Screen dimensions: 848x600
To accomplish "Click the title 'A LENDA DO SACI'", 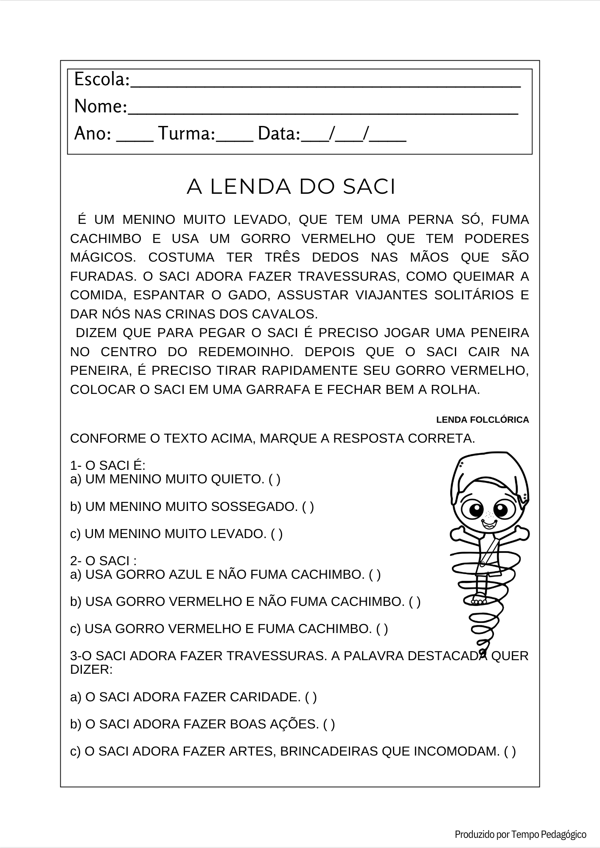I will click(291, 187).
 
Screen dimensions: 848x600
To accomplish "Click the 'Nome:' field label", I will click(101, 106).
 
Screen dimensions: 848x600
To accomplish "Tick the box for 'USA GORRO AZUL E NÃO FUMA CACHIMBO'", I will click(375, 575).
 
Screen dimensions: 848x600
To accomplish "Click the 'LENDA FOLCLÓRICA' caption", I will click(482, 420).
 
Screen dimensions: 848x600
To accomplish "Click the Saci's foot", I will click(479, 600).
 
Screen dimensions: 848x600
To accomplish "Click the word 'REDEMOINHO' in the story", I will click(245, 352).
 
